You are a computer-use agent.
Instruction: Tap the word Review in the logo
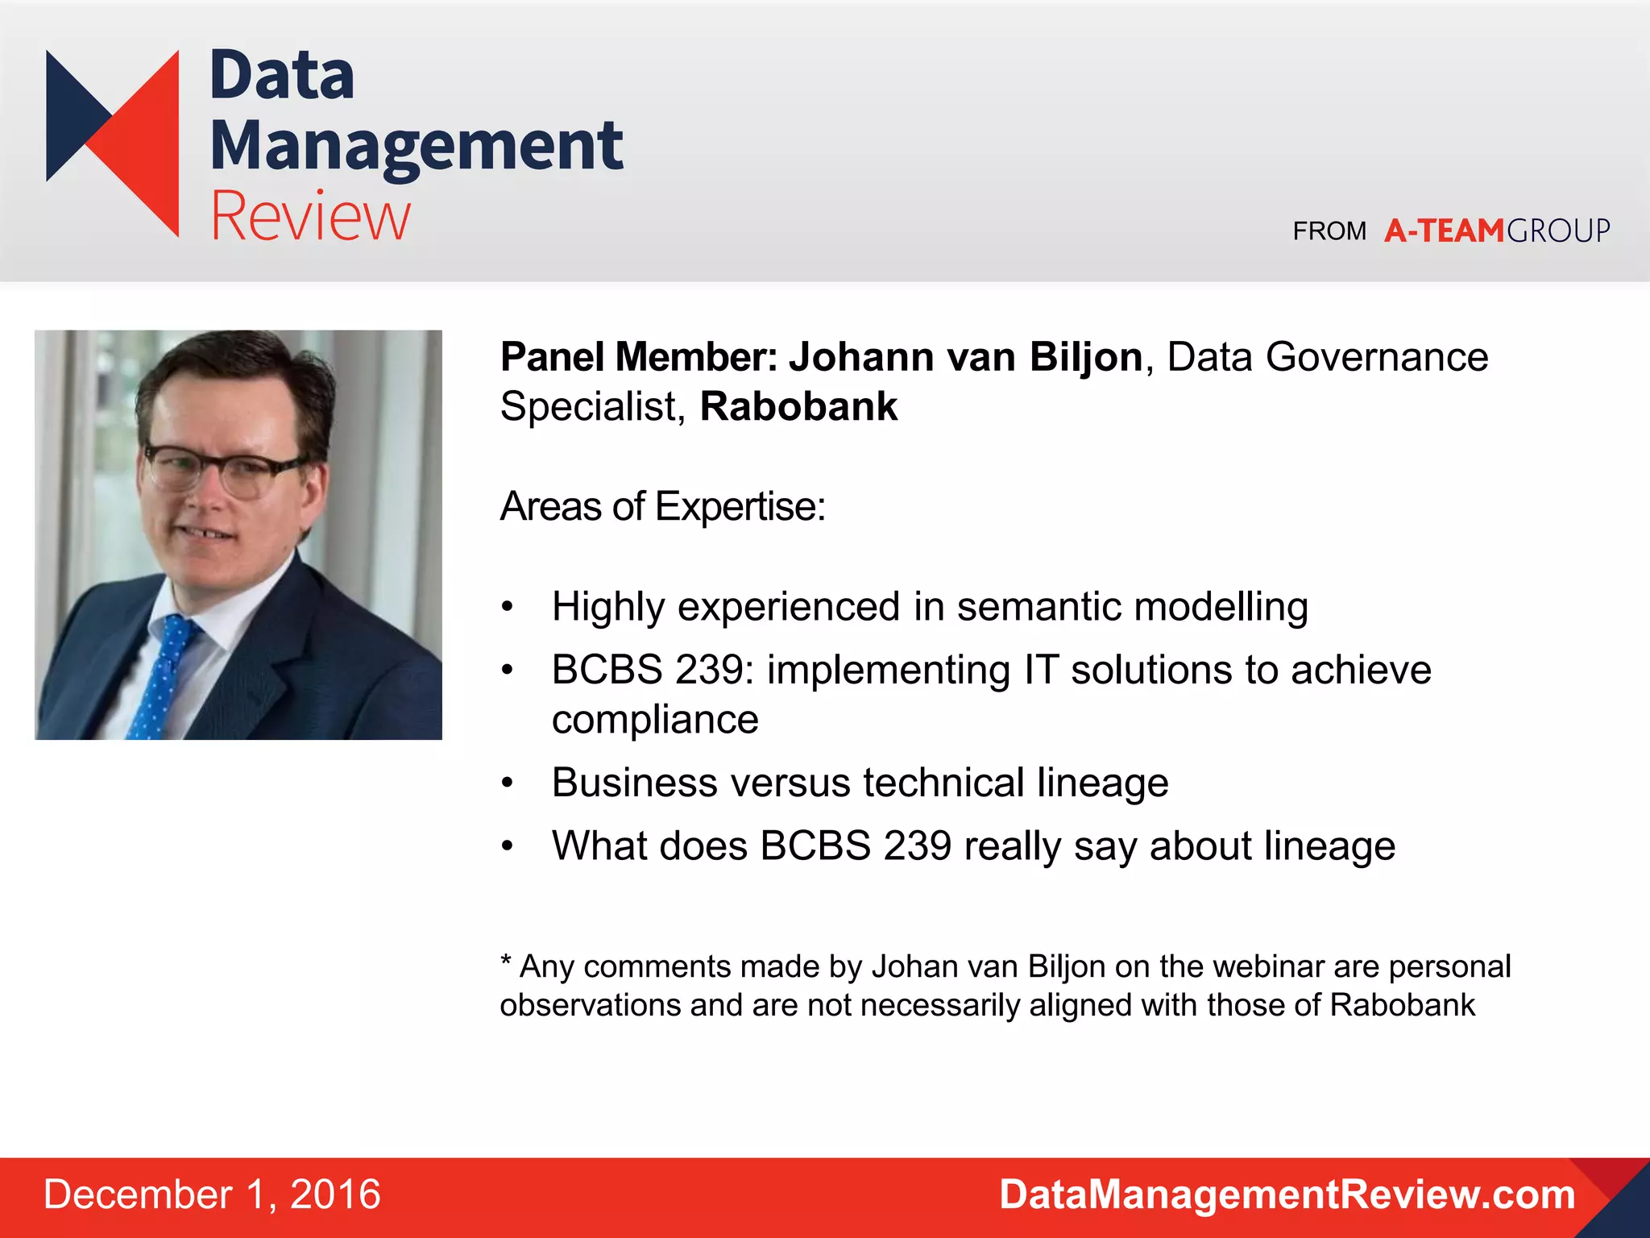[310, 216]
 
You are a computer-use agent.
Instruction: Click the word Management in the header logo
[416, 146]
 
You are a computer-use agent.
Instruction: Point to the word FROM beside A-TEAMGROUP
[1329, 232]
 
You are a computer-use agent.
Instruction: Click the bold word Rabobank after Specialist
[798, 406]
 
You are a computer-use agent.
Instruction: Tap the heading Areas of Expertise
[662, 507]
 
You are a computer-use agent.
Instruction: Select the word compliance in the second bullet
[655, 719]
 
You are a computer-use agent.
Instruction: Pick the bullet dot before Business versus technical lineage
[507, 783]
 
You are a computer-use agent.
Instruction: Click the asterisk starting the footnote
[506, 962]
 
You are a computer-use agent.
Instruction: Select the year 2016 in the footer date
[335, 1194]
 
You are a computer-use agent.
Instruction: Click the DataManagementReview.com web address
[1287, 1194]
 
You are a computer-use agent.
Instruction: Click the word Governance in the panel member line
[1377, 357]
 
